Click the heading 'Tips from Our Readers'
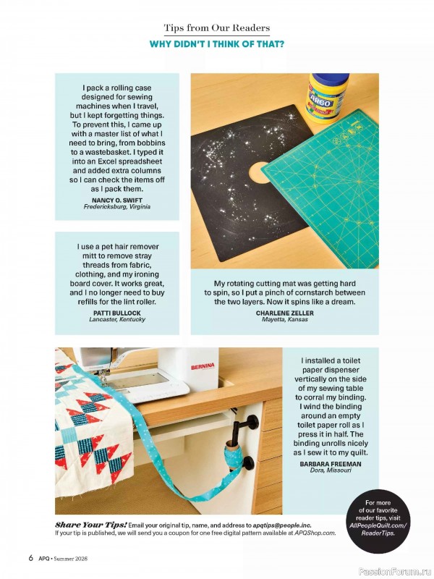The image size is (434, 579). point(216,28)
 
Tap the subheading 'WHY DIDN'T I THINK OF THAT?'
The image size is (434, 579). point(216,45)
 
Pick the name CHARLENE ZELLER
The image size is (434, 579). point(284,313)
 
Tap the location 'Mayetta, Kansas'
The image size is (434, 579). point(284,319)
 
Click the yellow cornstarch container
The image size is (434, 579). point(328,97)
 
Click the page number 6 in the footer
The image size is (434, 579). point(31,558)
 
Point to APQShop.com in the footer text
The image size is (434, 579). point(315,533)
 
